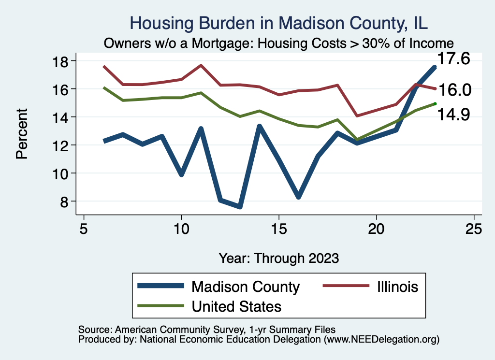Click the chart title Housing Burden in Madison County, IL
(x=279, y=23)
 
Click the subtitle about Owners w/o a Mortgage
(x=279, y=43)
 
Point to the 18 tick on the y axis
(x=63, y=61)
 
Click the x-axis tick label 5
(x=84, y=229)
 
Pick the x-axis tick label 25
(x=474, y=229)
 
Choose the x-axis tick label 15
(x=278, y=229)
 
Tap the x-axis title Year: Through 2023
(x=279, y=258)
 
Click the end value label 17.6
(x=454, y=59)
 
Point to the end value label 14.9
(x=454, y=115)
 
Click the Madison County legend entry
(x=246, y=287)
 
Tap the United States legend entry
(x=236, y=306)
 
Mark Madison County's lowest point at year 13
(x=240, y=206)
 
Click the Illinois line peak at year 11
(x=201, y=65)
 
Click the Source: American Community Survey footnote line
(x=204, y=330)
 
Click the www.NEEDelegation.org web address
(x=381, y=339)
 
